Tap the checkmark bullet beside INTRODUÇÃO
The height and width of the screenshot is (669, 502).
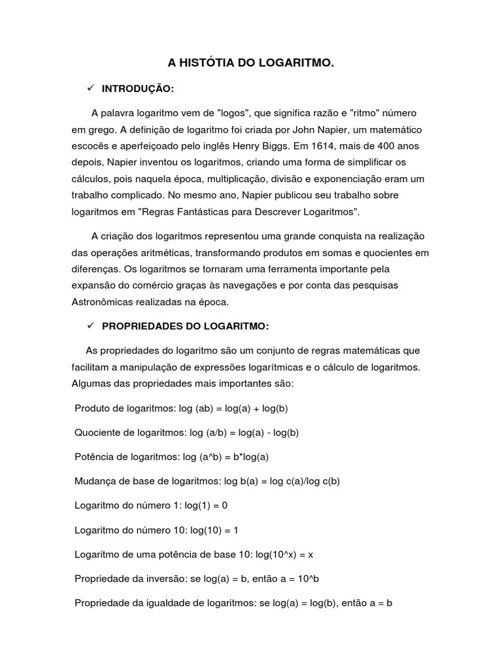pyautogui.click(x=90, y=88)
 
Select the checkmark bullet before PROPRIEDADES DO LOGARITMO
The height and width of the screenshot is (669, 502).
pyautogui.click(x=90, y=325)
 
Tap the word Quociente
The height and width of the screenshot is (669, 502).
pyautogui.click(x=98, y=432)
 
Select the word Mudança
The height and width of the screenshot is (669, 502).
pyautogui.click(x=95, y=481)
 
